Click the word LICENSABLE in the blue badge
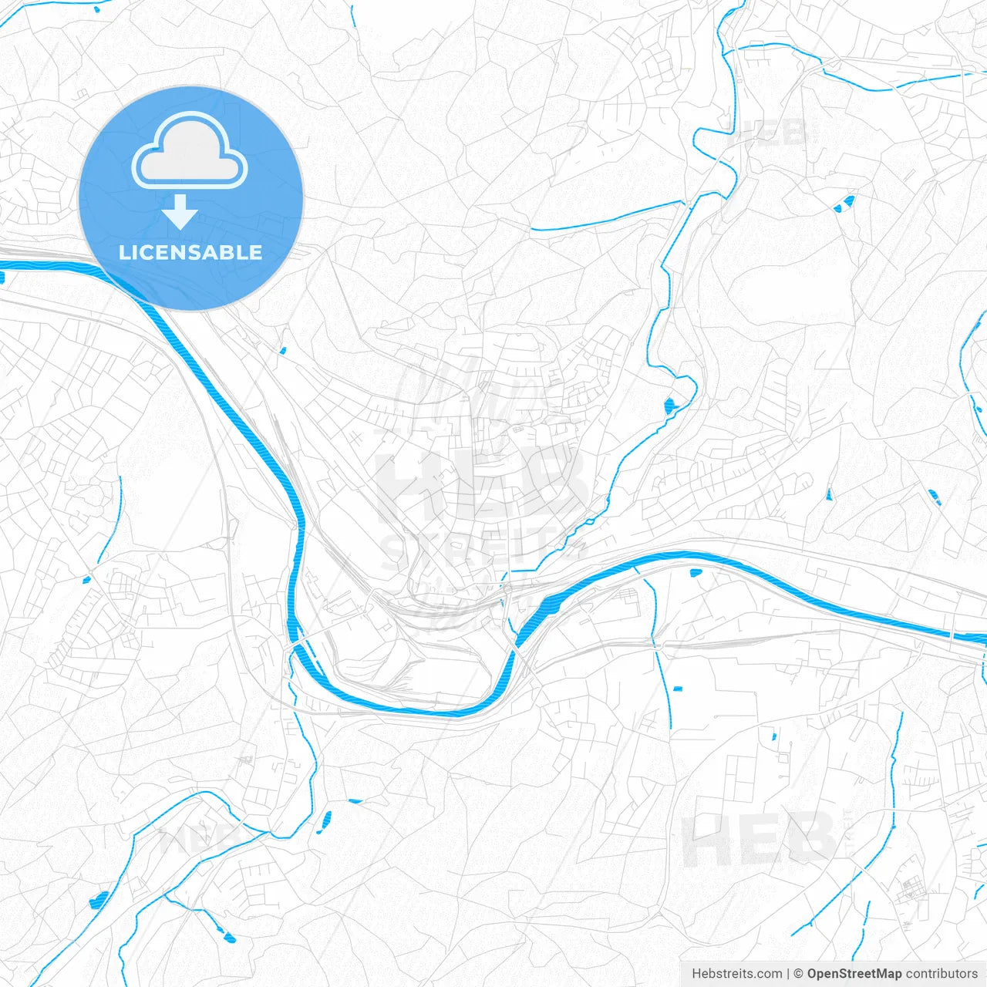coord(190,252)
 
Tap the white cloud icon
coord(190,152)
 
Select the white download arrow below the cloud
coord(180,212)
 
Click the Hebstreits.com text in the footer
coord(736,974)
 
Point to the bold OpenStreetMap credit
coord(854,974)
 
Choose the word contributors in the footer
coord(942,974)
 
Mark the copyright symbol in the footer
coord(798,974)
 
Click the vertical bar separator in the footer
coord(788,974)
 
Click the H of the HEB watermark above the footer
coord(706,838)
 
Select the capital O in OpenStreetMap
coord(813,974)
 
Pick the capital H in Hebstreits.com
coord(696,974)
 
